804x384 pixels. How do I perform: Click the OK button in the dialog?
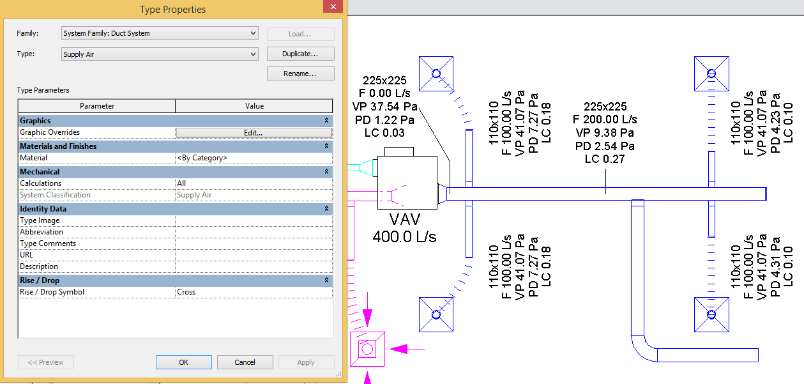pyautogui.click(x=183, y=362)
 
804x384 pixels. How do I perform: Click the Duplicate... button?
pyautogui.click(x=300, y=54)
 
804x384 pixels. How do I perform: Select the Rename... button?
pyautogui.click(x=300, y=73)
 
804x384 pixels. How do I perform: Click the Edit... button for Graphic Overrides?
pyautogui.click(x=254, y=132)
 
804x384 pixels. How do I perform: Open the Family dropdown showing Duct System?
pyautogui.click(x=160, y=33)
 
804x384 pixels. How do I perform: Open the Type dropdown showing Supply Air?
pyautogui.click(x=160, y=54)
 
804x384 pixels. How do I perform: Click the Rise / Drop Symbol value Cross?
pyautogui.click(x=254, y=292)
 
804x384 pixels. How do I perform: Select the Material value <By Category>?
pyautogui.click(x=254, y=158)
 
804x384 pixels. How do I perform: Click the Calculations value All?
pyautogui.click(x=254, y=183)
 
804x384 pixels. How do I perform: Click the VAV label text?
pyautogui.click(x=405, y=220)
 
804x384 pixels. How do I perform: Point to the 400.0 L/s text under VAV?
pyautogui.click(x=405, y=236)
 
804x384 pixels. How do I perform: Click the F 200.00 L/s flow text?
pyautogui.click(x=605, y=119)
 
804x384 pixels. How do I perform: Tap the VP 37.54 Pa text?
pyautogui.click(x=384, y=106)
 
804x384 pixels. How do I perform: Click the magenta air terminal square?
pyautogui.click(x=367, y=349)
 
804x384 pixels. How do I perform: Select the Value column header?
pyautogui.click(x=254, y=106)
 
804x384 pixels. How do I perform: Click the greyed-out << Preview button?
pyautogui.click(x=46, y=362)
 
